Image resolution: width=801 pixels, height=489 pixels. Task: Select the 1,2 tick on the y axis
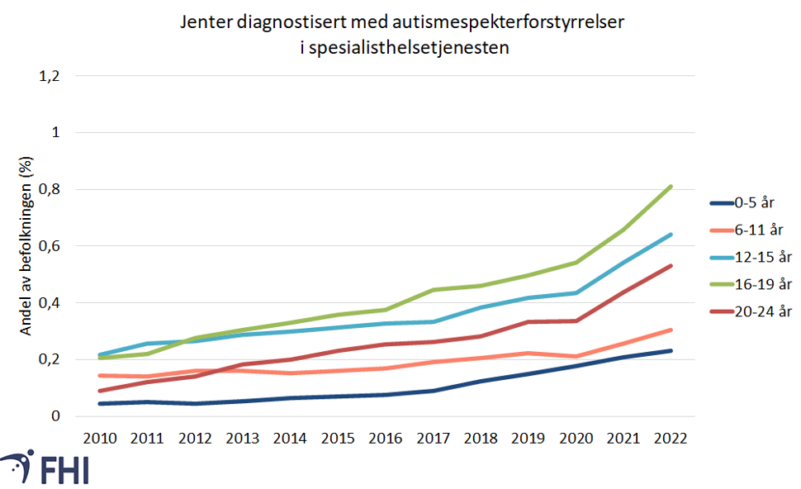click(50, 76)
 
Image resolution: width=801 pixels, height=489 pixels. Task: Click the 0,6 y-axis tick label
click(50, 246)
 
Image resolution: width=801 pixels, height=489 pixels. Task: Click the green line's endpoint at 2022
click(671, 187)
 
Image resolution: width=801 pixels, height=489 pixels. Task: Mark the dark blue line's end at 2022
click(671, 351)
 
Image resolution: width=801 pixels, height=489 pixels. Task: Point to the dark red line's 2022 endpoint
click(671, 266)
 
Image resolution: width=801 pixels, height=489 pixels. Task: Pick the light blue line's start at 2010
click(100, 355)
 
